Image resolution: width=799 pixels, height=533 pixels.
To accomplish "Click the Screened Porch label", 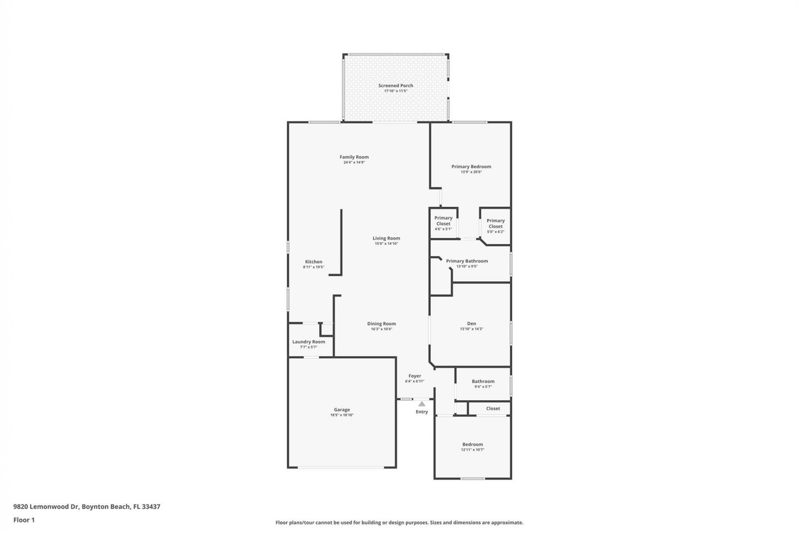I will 395,85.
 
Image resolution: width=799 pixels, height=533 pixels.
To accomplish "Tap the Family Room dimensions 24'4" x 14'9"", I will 354,162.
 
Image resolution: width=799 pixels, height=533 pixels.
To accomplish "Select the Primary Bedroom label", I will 471,167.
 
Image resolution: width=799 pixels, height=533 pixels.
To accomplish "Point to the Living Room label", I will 386,238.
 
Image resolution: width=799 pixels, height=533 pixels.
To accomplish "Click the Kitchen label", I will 313,262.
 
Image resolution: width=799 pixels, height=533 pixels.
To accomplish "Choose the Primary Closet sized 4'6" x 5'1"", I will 443,223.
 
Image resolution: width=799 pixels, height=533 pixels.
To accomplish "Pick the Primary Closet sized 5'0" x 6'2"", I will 495,226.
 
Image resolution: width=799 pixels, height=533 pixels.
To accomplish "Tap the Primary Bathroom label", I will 466,261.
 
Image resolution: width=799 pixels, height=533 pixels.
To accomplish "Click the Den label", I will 471,323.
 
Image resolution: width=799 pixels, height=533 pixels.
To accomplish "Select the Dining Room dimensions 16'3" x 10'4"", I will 381,329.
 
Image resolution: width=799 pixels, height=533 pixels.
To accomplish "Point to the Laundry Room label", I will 308,341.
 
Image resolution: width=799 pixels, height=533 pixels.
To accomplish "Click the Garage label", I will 342,409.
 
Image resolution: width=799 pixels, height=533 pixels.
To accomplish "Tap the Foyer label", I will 414,376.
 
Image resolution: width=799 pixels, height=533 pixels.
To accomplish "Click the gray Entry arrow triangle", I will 422,404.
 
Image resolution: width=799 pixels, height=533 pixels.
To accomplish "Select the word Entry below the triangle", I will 422,411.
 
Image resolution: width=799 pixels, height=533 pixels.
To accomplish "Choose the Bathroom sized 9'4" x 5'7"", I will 483,384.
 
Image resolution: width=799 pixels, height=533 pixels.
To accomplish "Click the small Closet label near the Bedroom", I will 493,408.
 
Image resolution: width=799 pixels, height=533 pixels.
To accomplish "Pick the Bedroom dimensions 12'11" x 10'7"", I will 472,450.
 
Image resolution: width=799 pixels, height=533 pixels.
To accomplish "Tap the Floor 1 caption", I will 24,520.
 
